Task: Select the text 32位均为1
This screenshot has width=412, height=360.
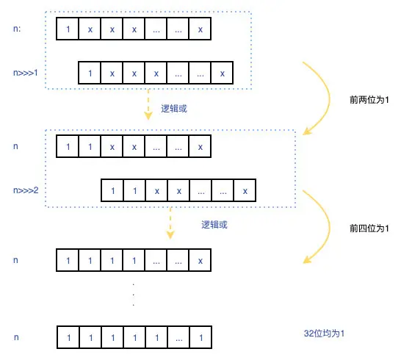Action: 324,334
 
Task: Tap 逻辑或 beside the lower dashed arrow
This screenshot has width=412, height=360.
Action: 214,225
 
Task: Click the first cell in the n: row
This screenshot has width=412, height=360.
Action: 68,29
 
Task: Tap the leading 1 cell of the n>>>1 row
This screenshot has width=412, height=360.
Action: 90,73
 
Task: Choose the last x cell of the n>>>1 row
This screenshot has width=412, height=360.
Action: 222,73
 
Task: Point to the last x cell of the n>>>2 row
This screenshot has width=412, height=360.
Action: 245,191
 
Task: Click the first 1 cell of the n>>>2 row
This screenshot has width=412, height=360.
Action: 112,191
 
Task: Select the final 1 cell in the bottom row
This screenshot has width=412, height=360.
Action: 200,338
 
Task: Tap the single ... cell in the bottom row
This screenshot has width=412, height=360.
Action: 178,338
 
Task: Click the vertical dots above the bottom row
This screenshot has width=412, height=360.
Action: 134,293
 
